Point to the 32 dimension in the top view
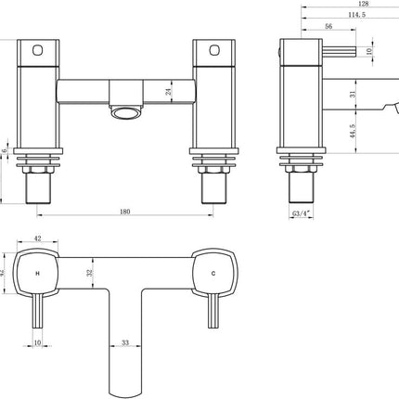89,274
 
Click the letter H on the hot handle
38,274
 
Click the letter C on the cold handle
214,274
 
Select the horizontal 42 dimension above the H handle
38,238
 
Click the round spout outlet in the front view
124,111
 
